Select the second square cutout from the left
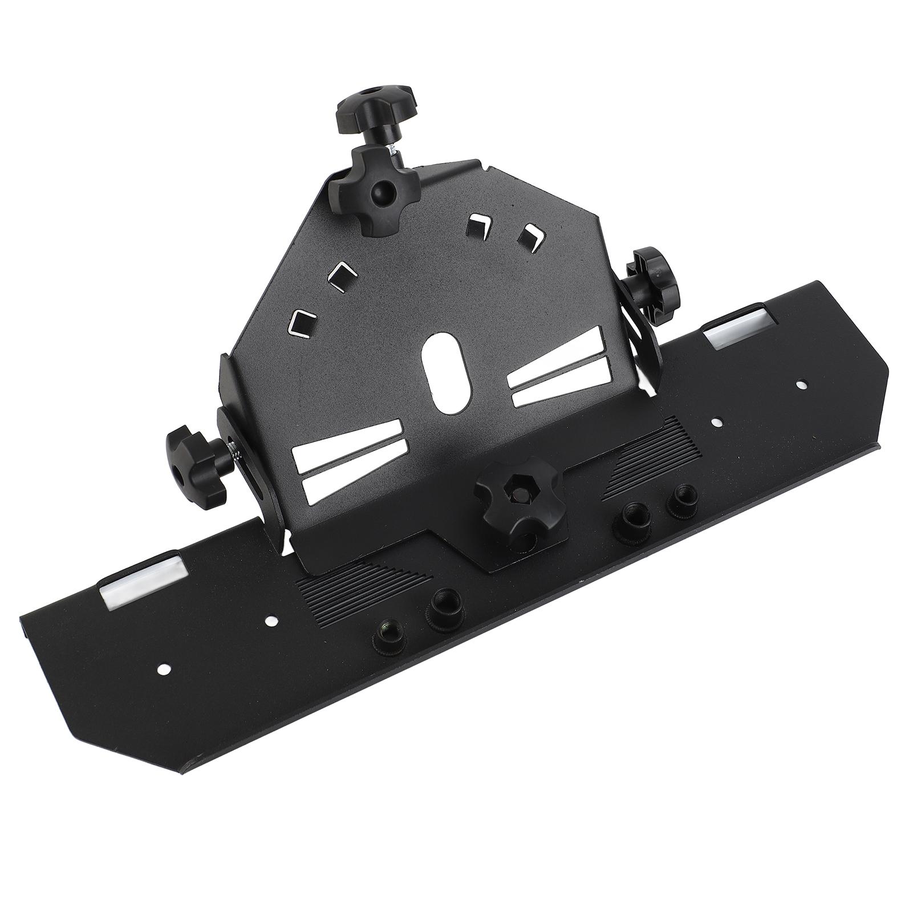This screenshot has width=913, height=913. pyautogui.click(x=342, y=276)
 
